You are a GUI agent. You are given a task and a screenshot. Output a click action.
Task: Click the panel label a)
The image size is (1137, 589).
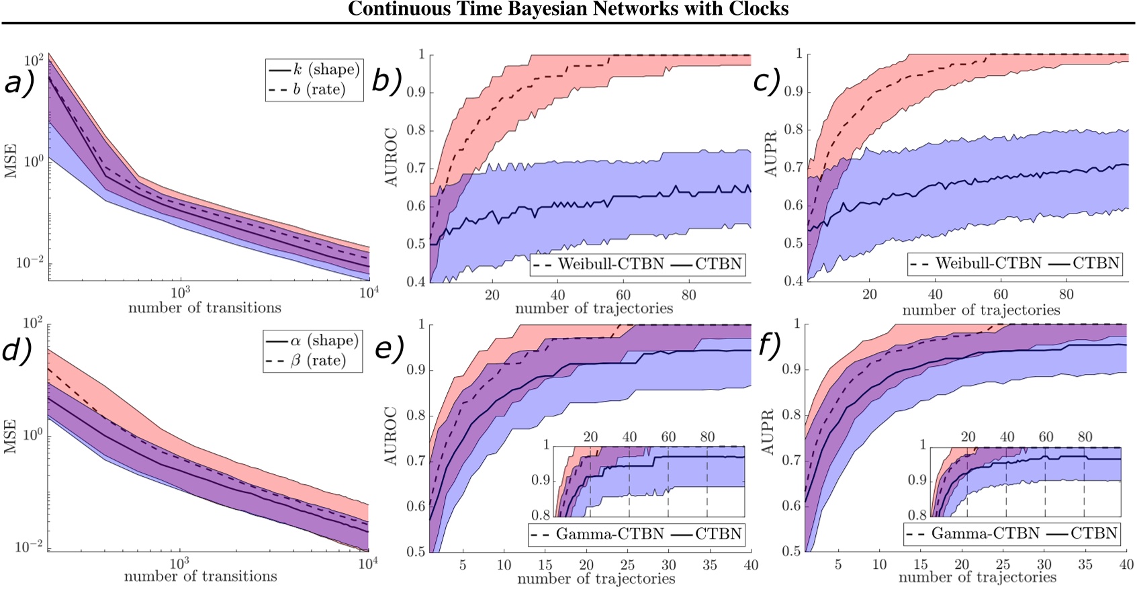tap(19, 83)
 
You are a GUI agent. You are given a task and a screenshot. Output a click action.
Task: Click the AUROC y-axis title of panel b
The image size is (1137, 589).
tap(392, 158)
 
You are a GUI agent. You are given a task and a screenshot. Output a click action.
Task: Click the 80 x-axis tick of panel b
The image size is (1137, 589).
tap(688, 295)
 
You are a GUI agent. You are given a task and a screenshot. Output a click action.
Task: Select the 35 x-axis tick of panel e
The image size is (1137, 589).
tap(709, 565)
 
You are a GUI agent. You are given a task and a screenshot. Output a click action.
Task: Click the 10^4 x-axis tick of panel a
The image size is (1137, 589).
tap(368, 292)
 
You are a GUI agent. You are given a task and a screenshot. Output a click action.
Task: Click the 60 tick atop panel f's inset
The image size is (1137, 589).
tap(1046, 437)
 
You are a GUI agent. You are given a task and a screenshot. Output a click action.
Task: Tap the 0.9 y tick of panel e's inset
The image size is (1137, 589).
tap(541, 480)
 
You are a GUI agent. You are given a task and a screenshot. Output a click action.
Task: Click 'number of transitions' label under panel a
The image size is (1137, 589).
tap(205, 308)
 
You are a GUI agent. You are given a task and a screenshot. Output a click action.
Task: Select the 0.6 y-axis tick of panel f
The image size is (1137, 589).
tap(791, 506)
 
